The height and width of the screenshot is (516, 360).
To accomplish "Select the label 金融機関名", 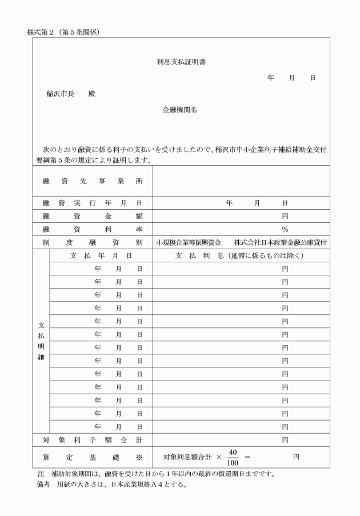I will tap(180, 110).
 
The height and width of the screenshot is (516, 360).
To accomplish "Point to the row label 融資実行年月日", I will tap(92, 203).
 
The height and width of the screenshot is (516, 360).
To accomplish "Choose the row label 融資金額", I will tap(92, 216).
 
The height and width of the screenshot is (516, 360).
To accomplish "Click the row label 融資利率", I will tap(92, 229).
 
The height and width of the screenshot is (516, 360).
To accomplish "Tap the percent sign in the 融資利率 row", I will tap(285, 230).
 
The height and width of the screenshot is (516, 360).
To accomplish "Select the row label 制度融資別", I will tap(92, 243).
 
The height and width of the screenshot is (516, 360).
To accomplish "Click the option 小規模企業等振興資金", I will tap(189, 243).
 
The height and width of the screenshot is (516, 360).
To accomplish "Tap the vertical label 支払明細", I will tap(41, 342).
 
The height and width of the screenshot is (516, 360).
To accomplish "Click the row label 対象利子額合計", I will tap(92, 440).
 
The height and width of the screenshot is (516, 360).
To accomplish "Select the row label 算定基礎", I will tap(92, 457).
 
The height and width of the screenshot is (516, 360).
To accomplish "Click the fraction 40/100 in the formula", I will tap(233, 457).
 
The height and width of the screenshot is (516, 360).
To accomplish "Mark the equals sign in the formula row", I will tap(247, 458).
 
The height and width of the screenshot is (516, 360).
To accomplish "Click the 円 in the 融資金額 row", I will tap(285, 216).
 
